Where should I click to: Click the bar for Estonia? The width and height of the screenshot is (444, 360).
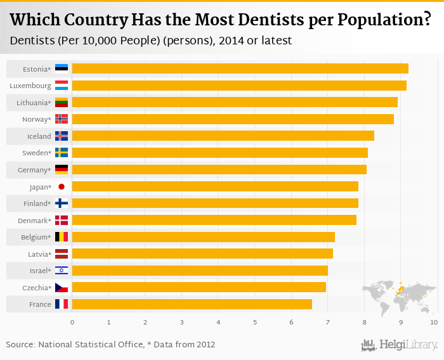pos(240,68)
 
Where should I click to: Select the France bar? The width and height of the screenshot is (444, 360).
pos(192,304)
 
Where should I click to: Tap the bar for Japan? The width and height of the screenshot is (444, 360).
pos(215,186)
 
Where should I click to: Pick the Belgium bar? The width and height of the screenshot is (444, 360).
pos(203,237)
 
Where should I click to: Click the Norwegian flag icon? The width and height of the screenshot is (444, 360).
pos(62,119)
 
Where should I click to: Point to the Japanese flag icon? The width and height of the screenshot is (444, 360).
pos(62,186)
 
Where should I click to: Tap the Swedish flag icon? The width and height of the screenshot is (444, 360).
pos(62,153)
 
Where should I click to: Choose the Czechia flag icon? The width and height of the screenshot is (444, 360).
pos(62,288)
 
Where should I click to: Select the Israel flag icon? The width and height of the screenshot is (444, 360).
pos(62,271)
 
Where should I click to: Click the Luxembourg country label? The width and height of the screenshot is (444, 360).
pos(30,86)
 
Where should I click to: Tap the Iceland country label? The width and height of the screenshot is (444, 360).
pos(39,136)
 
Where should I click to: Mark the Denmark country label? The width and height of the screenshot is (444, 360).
pos(34,220)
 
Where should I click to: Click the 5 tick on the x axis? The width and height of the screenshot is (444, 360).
pos(255,323)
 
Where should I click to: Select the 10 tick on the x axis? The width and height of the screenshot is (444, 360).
pos(434,323)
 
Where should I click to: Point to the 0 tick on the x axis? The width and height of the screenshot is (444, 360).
pos(72,323)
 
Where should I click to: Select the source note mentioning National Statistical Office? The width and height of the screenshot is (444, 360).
pos(110,345)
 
